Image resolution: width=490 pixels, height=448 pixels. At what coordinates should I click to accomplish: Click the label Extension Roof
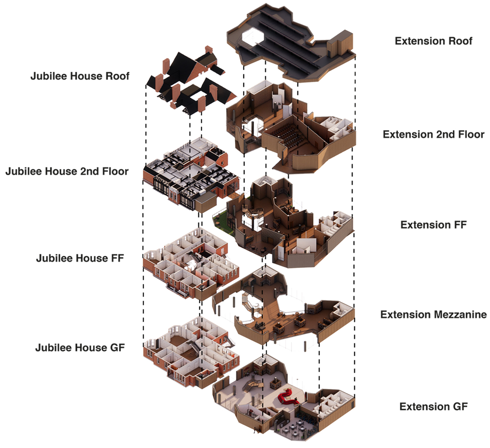click(x=433, y=41)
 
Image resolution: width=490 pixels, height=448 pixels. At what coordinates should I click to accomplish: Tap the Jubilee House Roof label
click(x=80, y=76)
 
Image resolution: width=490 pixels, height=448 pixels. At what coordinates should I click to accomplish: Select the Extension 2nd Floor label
click(x=433, y=134)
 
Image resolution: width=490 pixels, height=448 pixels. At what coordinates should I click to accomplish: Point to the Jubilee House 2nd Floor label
click(x=67, y=171)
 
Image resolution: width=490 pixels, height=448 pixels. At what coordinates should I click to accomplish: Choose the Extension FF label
click(x=433, y=224)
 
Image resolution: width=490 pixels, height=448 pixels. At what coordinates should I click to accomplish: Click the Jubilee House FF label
click(x=80, y=258)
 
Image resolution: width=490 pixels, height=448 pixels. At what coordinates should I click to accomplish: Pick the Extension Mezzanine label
click(x=433, y=315)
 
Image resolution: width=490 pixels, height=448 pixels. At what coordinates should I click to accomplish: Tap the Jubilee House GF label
click(x=80, y=348)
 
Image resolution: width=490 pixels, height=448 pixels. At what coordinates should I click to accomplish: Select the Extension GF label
click(x=433, y=406)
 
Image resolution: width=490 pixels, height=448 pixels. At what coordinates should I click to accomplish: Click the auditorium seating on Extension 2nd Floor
click(x=286, y=135)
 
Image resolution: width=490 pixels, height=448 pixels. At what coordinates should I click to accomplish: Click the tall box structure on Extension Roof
click(x=340, y=44)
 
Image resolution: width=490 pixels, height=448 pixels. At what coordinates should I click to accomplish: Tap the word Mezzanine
click(x=458, y=315)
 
